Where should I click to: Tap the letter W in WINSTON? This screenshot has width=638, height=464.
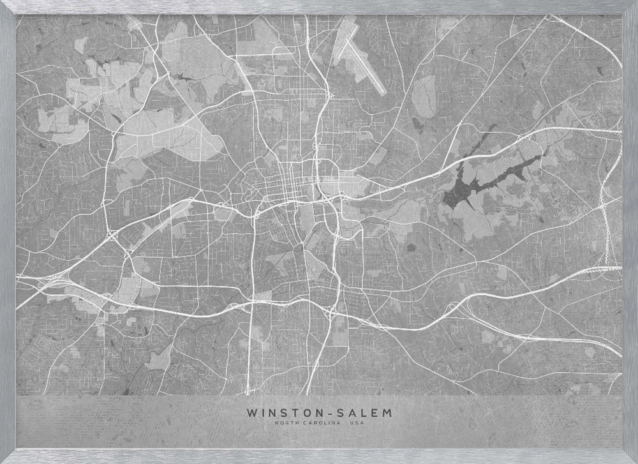(249, 414)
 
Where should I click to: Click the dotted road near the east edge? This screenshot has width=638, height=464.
(604, 230)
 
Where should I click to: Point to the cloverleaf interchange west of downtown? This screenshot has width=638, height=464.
(115, 237)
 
